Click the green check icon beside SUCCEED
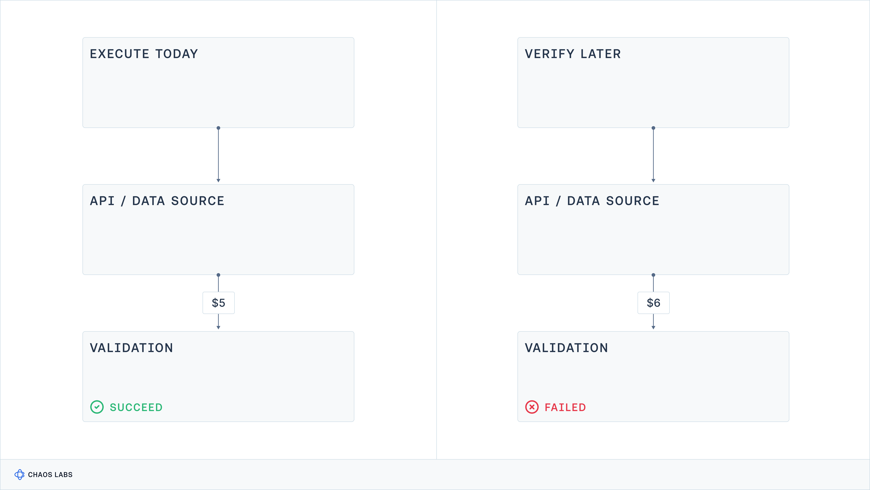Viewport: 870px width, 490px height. coord(97,407)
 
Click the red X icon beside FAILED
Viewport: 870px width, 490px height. coord(532,407)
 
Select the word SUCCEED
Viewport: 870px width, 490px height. coord(136,407)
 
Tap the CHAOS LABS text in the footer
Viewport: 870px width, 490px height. coord(50,475)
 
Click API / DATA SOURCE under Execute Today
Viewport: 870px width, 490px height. coord(157,201)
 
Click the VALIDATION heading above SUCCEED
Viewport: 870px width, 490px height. coord(131,348)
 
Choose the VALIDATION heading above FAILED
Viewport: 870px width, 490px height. coord(566,348)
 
